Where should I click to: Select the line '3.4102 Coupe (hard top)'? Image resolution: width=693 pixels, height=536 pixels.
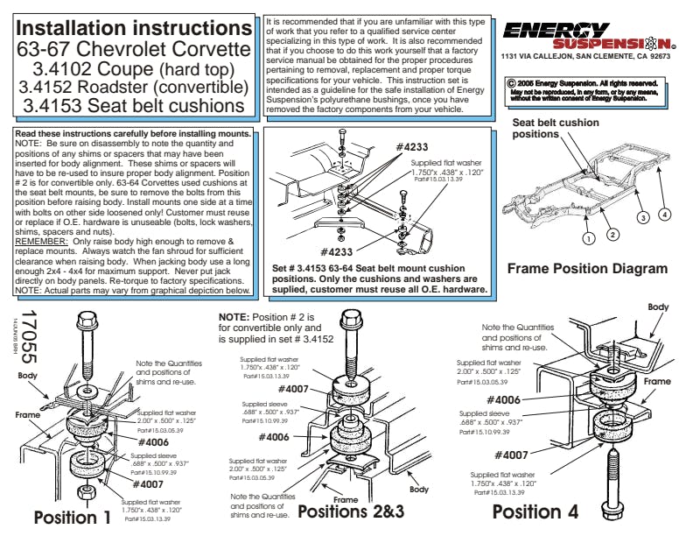coord(134,67)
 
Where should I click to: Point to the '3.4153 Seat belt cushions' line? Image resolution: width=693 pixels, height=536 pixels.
coord(134,108)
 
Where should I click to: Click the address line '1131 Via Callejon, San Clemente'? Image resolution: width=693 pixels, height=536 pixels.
coord(585,56)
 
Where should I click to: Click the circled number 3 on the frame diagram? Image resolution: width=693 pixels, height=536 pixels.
coord(641,217)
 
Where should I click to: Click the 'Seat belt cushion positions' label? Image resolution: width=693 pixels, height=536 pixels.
coord(556,129)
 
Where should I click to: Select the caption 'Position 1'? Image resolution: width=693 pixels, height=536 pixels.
coord(72,518)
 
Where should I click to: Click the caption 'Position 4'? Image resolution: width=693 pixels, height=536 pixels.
coord(535,511)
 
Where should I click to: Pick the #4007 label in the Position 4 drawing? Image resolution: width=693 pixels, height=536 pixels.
coord(511,455)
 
